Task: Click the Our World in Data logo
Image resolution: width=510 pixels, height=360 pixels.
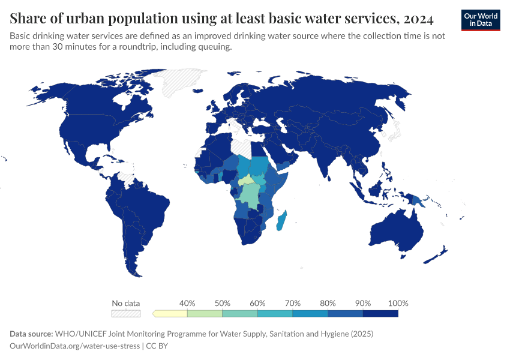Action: click(480, 20)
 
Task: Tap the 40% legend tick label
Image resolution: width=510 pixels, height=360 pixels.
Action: click(187, 303)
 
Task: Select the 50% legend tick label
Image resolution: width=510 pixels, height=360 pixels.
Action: click(223, 303)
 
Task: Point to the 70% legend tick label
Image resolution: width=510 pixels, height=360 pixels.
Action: click(293, 303)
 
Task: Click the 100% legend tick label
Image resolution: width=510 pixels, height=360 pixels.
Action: click(398, 303)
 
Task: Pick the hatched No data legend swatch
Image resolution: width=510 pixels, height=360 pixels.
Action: click(125, 313)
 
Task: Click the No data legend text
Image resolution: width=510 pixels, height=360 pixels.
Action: click(125, 303)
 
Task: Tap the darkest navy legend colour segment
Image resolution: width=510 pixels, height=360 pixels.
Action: click(380, 313)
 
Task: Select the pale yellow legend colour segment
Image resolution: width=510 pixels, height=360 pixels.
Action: click(171, 313)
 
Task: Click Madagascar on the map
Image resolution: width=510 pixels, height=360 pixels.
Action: click(281, 221)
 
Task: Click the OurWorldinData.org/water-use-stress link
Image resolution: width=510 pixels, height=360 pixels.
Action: click(75, 346)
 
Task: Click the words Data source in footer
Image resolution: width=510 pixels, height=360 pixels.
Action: click(31, 334)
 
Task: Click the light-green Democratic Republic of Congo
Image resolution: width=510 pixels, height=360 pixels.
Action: click(249, 195)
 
